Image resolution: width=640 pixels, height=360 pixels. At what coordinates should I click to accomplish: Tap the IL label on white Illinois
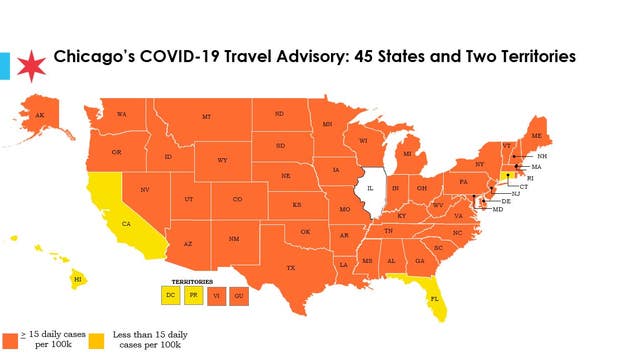(x=370, y=187)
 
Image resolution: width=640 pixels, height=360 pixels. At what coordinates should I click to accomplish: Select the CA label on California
(x=126, y=224)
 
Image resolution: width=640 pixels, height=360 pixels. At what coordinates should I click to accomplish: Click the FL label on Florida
(x=434, y=298)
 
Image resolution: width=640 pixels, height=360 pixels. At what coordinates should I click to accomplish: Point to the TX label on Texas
(x=291, y=268)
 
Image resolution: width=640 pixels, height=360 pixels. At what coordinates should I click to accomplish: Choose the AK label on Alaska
(x=40, y=115)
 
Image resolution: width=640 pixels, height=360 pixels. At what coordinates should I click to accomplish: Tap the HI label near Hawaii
(x=76, y=281)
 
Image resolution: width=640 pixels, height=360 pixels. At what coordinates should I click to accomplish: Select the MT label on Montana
(x=206, y=117)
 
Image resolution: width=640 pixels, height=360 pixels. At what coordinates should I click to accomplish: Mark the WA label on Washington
(x=121, y=114)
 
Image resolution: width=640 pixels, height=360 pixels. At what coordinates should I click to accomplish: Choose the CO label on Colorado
(x=237, y=199)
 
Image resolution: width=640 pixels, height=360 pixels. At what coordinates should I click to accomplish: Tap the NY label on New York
(x=480, y=163)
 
